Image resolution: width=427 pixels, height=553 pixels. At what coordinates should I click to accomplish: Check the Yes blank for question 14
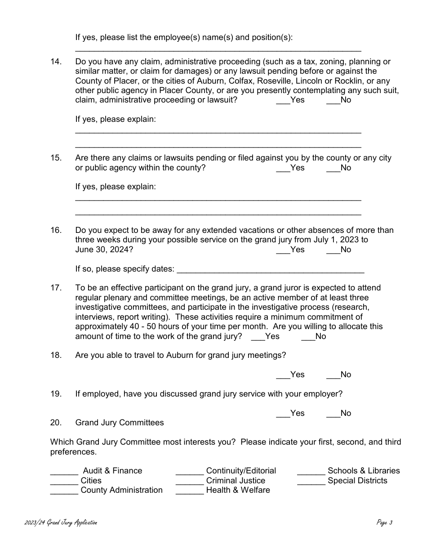(x=283, y=101)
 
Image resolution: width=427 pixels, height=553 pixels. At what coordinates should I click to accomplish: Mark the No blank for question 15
(x=333, y=169)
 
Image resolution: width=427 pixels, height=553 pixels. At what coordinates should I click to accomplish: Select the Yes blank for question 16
(x=283, y=250)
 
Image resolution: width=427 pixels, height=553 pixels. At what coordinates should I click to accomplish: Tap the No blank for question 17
(x=308, y=337)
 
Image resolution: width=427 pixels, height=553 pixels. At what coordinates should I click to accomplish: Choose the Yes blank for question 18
(x=283, y=375)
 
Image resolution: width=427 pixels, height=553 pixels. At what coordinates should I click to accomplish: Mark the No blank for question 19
(x=333, y=414)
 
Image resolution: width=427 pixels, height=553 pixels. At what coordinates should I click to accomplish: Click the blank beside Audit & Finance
(x=64, y=472)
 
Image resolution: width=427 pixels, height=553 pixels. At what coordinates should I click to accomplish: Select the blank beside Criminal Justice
(x=189, y=482)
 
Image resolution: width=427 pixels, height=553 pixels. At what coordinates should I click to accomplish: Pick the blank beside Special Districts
(x=311, y=482)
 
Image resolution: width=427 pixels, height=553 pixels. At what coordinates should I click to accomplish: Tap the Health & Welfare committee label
(x=238, y=491)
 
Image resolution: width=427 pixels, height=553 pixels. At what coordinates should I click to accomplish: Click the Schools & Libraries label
(x=363, y=471)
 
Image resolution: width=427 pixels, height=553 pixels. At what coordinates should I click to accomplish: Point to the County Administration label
(x=121, y=491)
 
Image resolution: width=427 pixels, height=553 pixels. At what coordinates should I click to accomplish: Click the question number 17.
(x=56, y=288)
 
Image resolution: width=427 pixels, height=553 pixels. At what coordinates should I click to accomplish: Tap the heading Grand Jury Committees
(x=120, y=423)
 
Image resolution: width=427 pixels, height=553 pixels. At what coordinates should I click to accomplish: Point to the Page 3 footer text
(x=385, y=522)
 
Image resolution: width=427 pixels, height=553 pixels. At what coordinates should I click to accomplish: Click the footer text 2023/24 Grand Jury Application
(x=61, y=522)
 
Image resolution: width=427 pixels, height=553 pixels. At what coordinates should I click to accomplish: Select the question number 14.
(x=56, y=62)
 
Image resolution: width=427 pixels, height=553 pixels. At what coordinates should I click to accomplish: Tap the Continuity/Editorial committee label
(x=241, y=471)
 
